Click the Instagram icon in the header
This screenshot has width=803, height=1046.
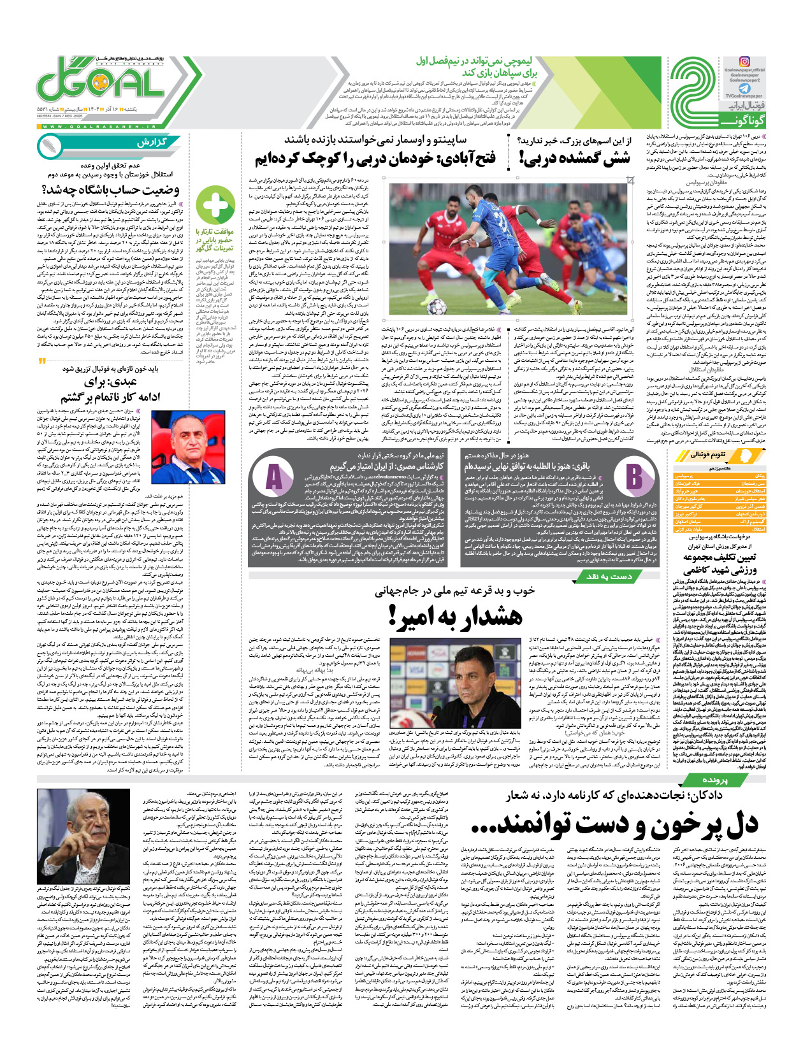[744, 62]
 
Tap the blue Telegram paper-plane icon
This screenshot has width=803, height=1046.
[744, 90]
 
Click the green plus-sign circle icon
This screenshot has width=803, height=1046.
[214, 204]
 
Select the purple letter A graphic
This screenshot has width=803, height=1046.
[274, 477]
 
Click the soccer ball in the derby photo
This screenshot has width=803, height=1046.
[435, 308]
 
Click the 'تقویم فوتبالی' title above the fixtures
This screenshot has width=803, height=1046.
[708, 455]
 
